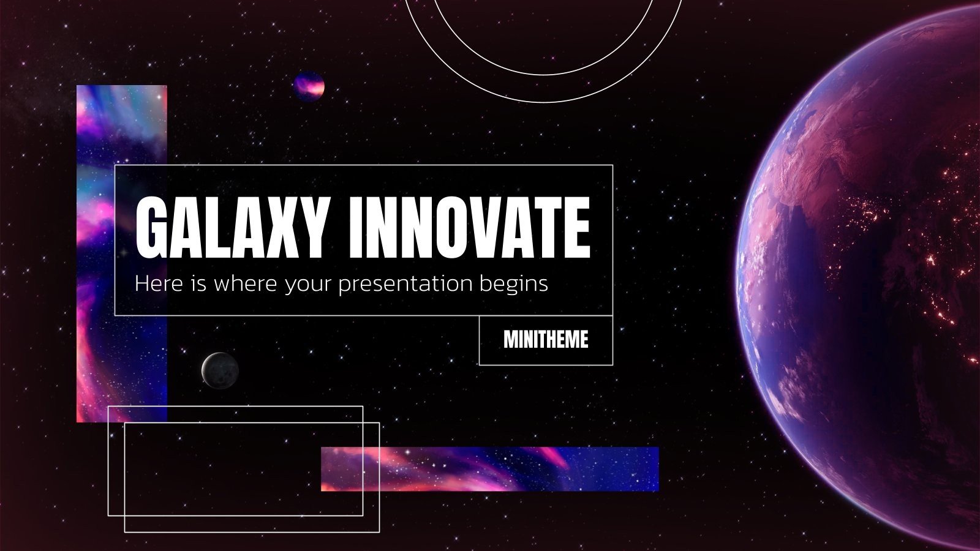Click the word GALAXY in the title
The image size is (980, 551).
230,228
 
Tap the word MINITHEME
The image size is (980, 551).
546,340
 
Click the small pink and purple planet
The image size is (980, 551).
309,87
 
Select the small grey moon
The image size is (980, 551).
220,370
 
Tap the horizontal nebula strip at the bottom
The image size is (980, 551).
489,469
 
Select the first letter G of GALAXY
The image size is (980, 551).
152,228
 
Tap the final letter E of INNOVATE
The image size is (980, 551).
576,228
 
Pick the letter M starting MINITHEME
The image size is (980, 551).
510,340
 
